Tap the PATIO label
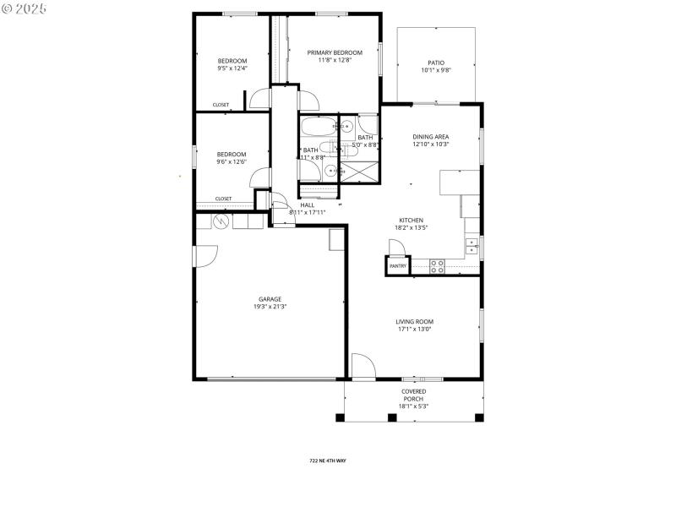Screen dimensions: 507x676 point(436,63)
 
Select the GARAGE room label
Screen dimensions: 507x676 point(270,299)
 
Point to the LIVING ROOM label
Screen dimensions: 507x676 point(414,321)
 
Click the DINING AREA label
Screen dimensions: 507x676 point(430,137)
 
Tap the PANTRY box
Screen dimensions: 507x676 point(398,266)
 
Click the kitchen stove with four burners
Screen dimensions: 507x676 point(438,265)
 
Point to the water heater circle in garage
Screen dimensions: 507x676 point(221,221)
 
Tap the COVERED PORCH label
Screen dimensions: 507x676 point(413,395)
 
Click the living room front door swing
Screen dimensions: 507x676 point(363,366)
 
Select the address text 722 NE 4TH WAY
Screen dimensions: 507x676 point(328,461)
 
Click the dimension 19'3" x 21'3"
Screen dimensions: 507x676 point(270,307)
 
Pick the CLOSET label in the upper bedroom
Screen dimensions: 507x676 point(221,105)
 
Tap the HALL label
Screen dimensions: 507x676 point(307,204)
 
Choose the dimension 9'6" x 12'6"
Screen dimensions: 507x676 point(232,161)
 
